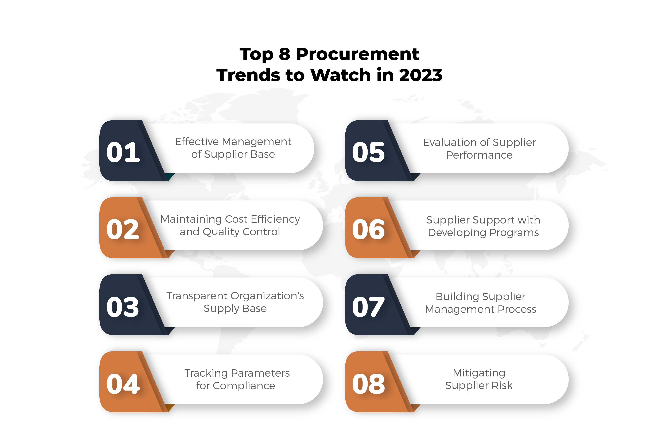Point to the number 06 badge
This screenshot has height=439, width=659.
click(x=368, y=229)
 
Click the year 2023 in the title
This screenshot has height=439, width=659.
click(x=420, y=75)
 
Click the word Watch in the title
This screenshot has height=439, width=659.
click(x=341, y=75)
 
